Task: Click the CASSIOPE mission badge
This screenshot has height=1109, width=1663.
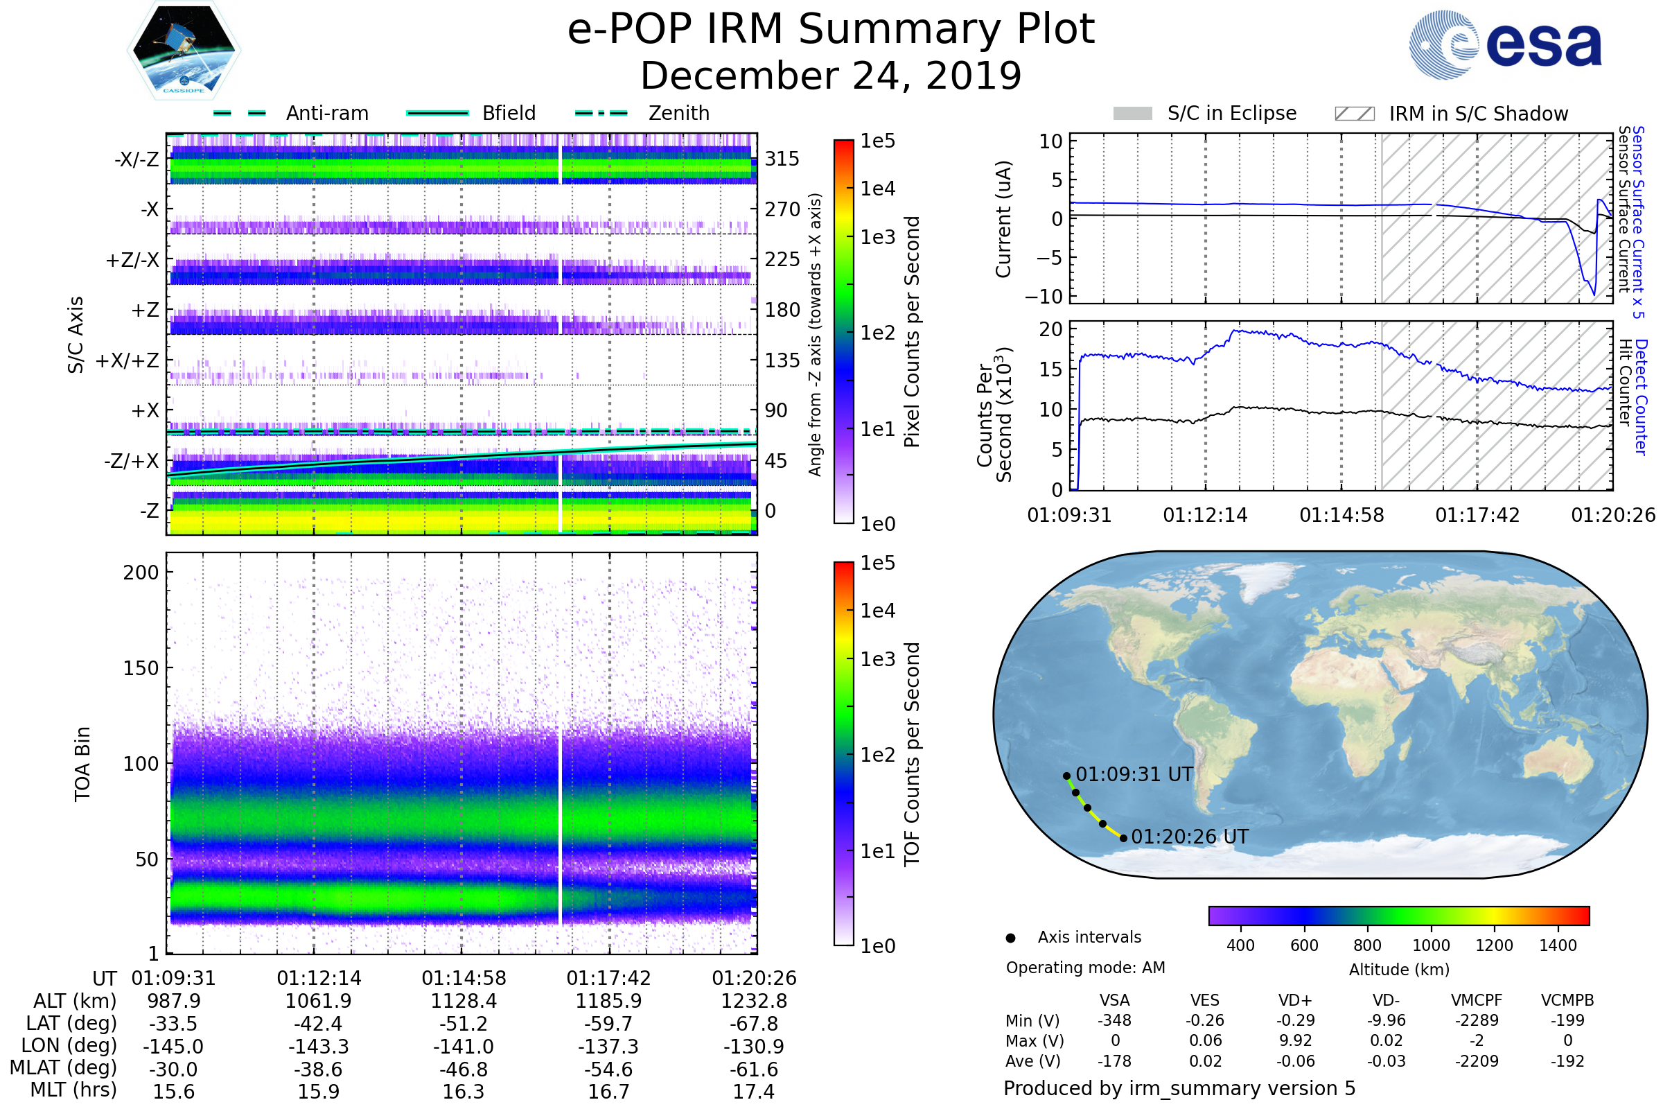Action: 184,49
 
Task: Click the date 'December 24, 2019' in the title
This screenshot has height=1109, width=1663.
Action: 831,76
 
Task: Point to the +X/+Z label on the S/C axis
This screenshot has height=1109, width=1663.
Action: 127,360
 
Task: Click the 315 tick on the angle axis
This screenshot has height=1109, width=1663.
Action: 782,159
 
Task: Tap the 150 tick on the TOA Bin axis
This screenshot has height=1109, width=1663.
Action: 141,668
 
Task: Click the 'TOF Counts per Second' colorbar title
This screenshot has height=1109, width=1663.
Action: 912,754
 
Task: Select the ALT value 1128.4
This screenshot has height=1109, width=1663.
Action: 464,1001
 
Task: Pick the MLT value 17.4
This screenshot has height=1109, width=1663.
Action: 754,1091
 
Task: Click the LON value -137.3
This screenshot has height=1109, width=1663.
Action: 609,1046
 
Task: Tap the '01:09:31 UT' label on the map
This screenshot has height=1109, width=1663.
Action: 1134,774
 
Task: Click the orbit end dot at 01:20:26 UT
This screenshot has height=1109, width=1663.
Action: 1123,839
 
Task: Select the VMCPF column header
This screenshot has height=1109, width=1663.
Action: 1477,1000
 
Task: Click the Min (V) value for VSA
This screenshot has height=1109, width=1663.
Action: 1114,1020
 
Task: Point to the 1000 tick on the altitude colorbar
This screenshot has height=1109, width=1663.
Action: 1430,945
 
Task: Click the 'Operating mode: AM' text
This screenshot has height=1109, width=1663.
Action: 1085,968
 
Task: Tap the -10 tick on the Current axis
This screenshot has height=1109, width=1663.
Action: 1044,297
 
